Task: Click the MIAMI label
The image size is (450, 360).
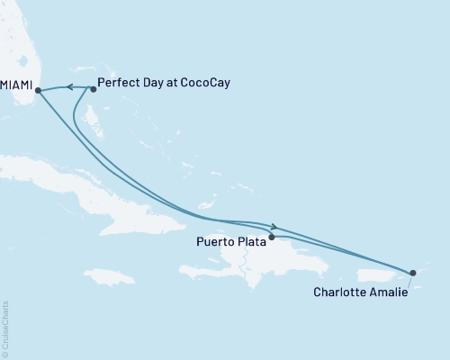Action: click(15, 89)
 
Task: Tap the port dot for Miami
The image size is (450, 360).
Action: click(38, 89)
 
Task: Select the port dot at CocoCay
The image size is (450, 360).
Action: click(93, 89)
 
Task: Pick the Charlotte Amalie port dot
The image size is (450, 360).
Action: click(412, 272)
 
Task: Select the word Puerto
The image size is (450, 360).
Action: click(214, 242)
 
